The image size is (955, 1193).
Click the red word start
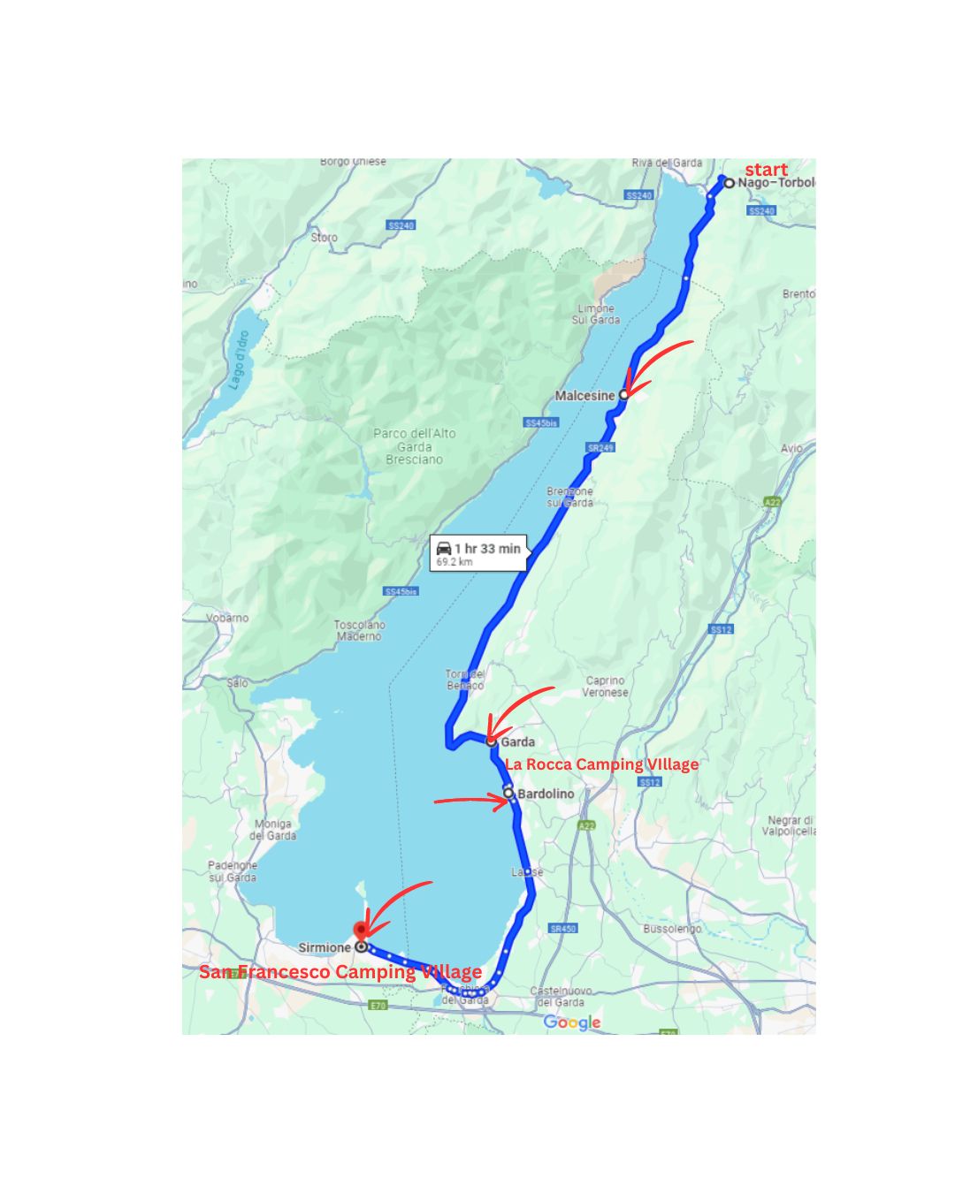click(766, 170)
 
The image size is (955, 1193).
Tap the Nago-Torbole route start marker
click(730, 184)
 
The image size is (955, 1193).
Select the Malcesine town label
click(584, 396)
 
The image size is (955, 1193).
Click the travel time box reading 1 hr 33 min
click(478, 552)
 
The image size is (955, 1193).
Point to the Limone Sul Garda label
click(595, 314)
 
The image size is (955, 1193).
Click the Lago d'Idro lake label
click(239, 360)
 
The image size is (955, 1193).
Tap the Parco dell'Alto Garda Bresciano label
click(414, 446)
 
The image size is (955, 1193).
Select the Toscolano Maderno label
click(359, 630)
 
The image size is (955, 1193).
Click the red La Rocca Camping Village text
click(601, 764)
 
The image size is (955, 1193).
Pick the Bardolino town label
click(545, 794)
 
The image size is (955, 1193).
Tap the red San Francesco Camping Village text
click(340, 972)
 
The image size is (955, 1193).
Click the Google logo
click(572, 1022)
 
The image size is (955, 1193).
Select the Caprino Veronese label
click(605, 687)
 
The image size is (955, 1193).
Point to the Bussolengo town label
click(672, 929)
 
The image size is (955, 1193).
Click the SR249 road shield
click(600, 448)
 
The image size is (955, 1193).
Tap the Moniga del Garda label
click(273, 830)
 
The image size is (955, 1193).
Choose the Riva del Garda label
click(667, 163)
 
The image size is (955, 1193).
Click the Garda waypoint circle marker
click(492, 742)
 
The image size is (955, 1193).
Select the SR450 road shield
click(562, 929)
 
